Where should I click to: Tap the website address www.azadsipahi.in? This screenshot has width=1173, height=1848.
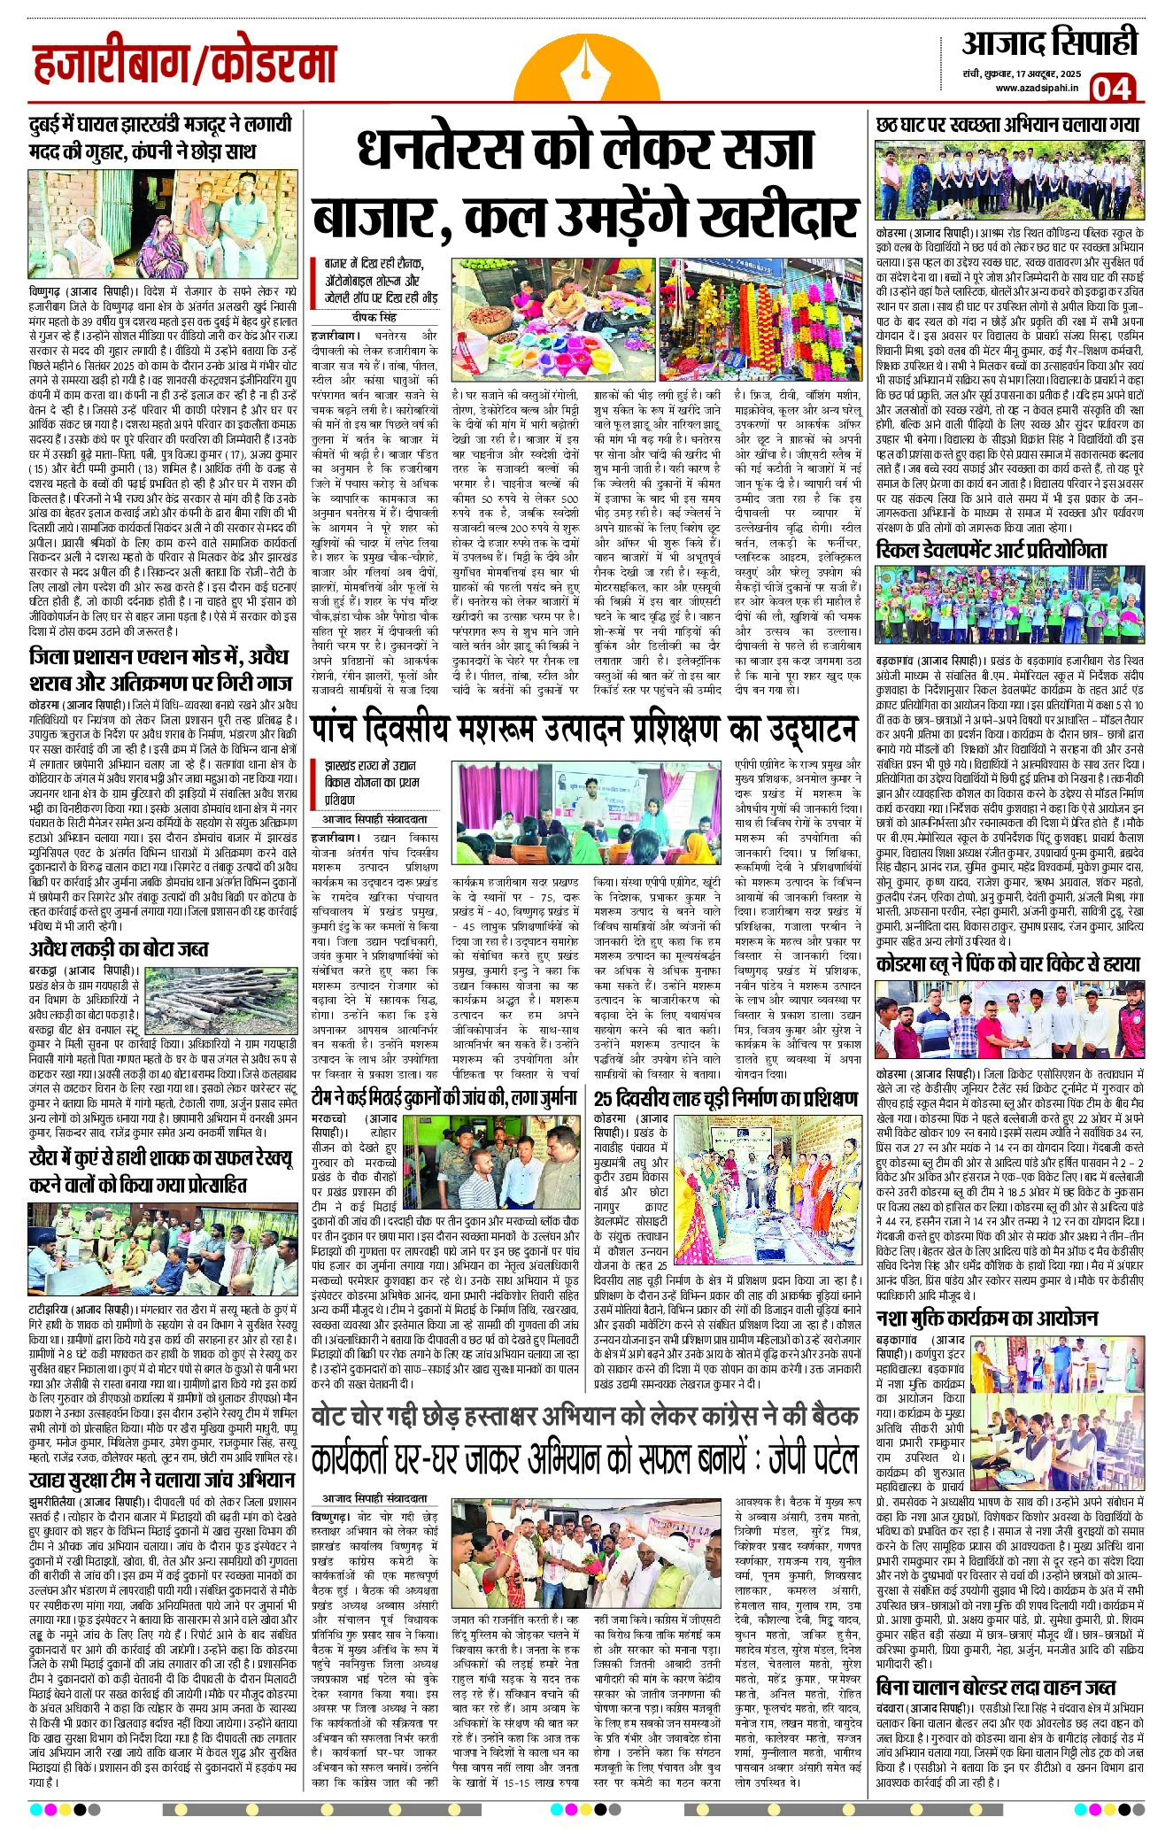[x=1035, y=87]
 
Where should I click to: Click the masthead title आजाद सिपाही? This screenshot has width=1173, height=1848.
[x=1048, y=43]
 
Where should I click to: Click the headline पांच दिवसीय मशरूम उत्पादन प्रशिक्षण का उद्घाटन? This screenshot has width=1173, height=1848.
[x=584, y=730]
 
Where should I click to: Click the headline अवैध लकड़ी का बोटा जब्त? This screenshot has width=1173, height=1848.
[x=119, y=948]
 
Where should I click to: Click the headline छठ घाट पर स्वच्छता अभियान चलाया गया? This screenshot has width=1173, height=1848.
[x=1007, y=125]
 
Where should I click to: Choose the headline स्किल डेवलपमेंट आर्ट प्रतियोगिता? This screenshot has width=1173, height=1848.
[x=991, y=551]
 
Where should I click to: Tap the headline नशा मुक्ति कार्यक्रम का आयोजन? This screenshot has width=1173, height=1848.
[x=986, y=1318]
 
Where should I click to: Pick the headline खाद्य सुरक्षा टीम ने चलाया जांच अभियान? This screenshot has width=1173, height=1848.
[x=161, y=1480]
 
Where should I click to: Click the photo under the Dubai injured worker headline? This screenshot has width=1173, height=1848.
[x=159, y=225]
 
